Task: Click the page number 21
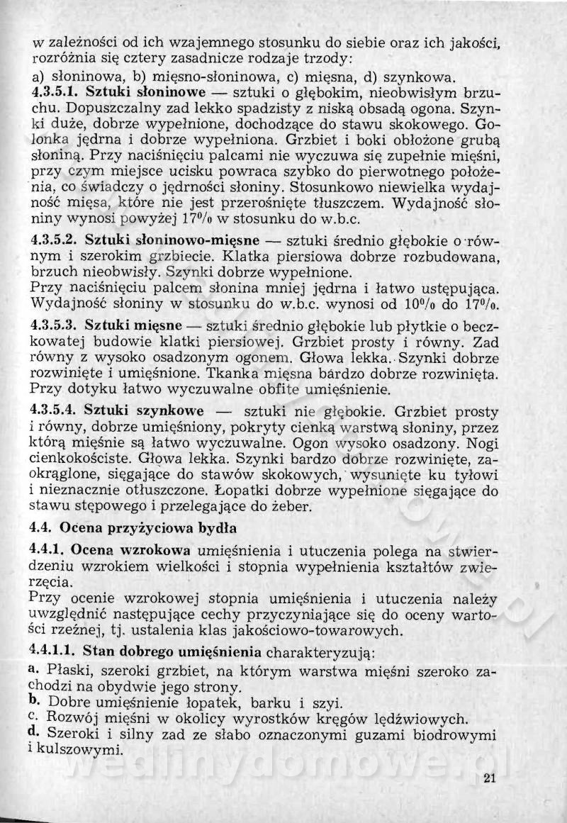click(488, 779)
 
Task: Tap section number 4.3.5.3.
click(55, 325)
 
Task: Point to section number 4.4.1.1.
click(55, 648)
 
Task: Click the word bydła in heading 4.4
click(215, 527)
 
